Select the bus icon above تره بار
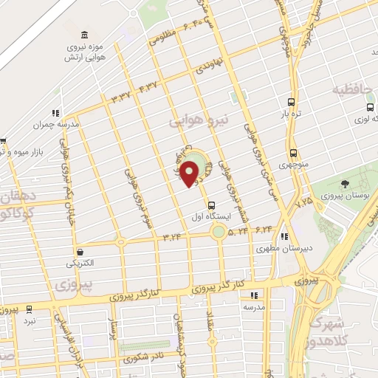(291, 103)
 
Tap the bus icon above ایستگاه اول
(213, 205)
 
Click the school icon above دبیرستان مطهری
(285, 238)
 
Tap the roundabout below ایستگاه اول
(219, 233)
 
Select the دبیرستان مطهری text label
(275, 250)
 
